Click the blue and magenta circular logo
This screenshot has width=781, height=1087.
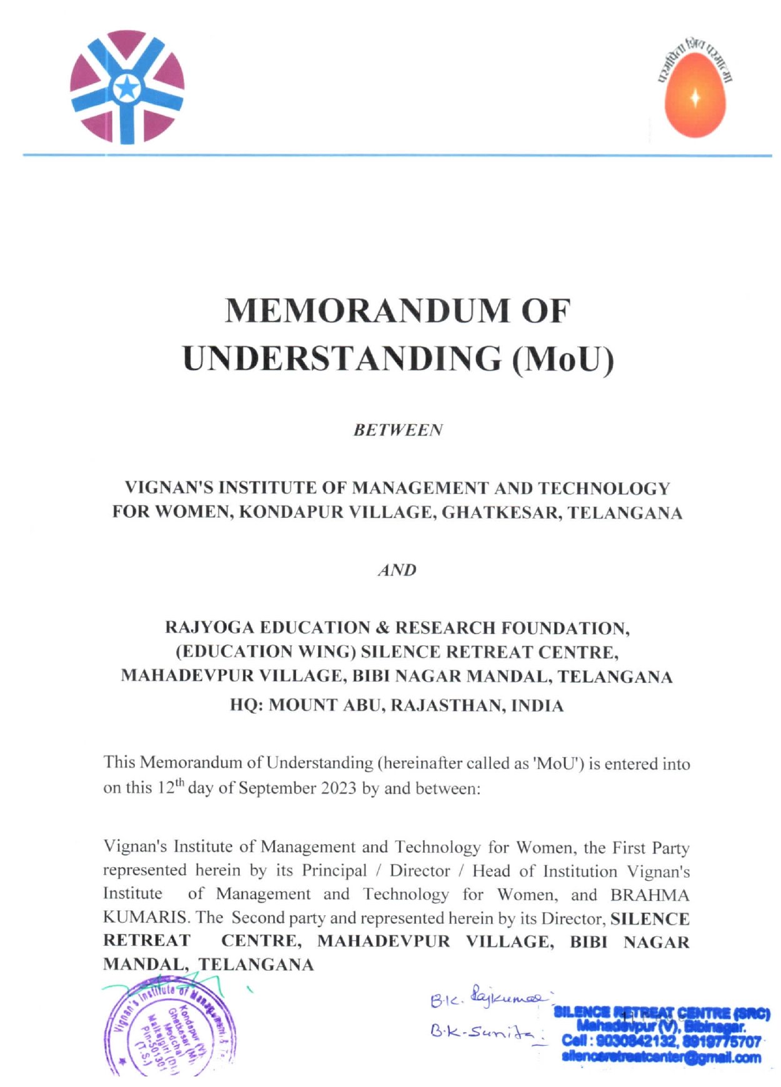(x=127, y=87)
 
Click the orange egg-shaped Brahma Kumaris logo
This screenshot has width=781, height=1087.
(x=694, y=94)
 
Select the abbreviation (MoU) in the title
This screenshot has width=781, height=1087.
(x=563, y=359)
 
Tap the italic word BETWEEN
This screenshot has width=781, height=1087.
(x=397, y=430)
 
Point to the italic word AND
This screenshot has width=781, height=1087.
(x=397, y=570)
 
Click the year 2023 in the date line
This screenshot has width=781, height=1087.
(x=338, y=788)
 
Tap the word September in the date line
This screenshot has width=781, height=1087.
(x=276, y=788)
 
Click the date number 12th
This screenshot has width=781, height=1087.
(x=170, y=787)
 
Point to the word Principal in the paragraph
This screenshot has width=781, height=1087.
(x=334, y=871)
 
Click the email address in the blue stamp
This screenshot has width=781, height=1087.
(x=661, y=1058)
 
